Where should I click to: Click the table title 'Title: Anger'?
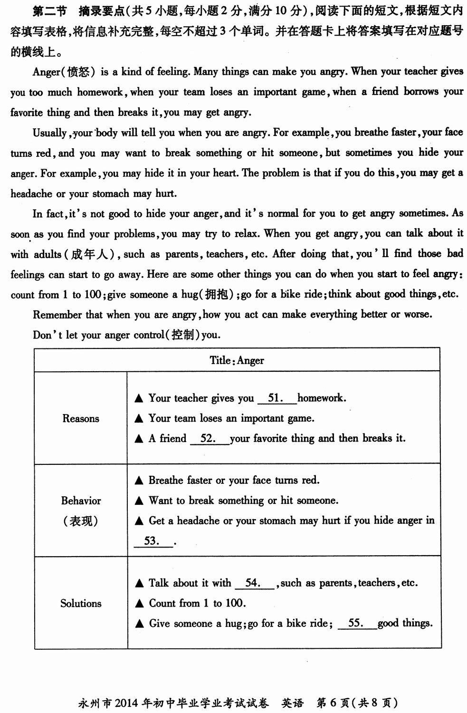coord(237,360)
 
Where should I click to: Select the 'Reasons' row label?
coord(81,418)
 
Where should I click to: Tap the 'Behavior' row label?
coord(81,501)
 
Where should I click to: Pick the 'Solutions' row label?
coord(81,603)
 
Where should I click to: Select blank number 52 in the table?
coord(209,438)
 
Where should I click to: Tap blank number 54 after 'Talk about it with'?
coord(254,583)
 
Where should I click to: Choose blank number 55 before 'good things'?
coord(357,623)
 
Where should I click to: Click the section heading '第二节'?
coord(49,11)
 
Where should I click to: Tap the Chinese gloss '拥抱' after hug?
coord(217,295)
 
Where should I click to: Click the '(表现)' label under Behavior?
coord(81,521)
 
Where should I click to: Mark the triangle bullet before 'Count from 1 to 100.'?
coord(139,604)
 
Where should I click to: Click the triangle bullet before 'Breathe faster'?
coord(139,481)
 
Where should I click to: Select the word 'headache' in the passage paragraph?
coord(31,193)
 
